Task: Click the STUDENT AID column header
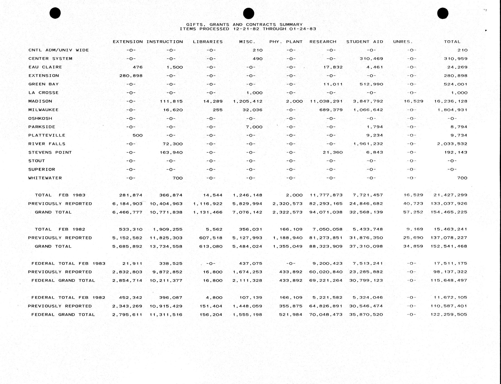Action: click(364, 42)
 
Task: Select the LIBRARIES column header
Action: click(208, 42)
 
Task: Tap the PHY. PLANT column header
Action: click(286, 42)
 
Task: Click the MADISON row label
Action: click(40, 101)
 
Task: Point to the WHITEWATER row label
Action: click(45, 178)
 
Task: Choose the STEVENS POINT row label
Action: click(50, 152)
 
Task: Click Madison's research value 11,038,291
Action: click(326, 101)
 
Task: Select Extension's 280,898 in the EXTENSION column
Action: click(131, 76)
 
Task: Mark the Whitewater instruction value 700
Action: click(177, 178)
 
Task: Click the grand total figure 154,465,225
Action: click(449, 212)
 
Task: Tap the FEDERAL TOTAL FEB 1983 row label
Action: click(68, 264)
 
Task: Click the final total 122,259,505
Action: click(449, 315)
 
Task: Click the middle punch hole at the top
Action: click(248, 13)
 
